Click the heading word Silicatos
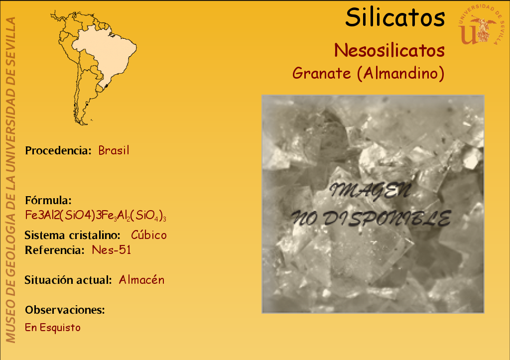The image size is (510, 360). point(395,17)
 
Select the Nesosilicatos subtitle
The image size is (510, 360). point(389,50)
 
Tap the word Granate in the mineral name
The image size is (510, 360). point(321,73)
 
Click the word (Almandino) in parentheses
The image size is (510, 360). point(401,73)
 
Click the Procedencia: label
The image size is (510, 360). point(58,150)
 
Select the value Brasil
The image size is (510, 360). point(114,150)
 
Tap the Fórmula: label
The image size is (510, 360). point(48,200)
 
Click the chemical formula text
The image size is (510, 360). point(96,215)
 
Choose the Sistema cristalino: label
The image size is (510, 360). point(73,235)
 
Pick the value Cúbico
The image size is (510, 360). point(148,235)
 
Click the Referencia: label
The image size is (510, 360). point(55,250)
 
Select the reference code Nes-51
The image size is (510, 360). point(111,250)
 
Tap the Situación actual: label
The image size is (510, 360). point(68,280)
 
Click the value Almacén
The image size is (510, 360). point(141,280)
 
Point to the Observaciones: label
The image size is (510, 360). point(65,310)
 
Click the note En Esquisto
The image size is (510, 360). point(53,328)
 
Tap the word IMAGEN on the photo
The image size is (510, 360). point(370,191)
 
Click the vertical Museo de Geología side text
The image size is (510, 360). point(10,180)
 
